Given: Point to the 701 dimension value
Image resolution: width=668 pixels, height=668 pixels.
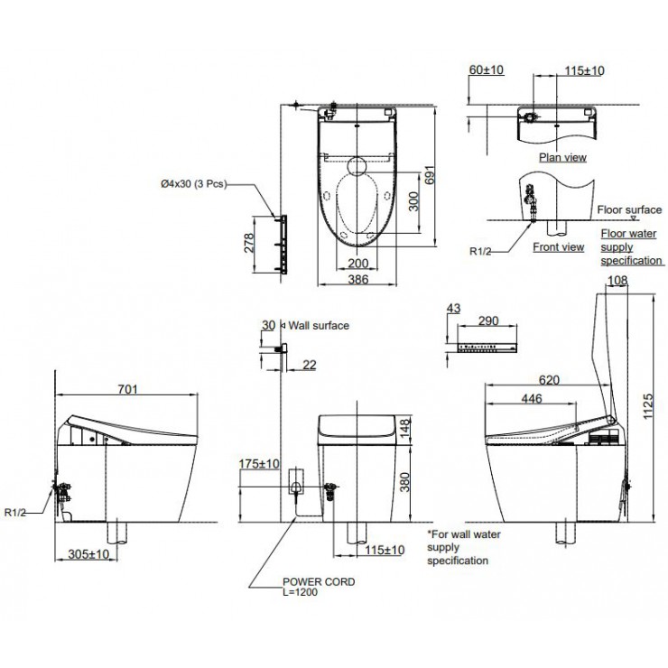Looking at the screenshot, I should pos(127,389).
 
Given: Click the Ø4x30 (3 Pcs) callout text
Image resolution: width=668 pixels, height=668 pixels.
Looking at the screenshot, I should pos(192,183).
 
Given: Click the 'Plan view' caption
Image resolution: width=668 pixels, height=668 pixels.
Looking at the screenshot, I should pos(562,157).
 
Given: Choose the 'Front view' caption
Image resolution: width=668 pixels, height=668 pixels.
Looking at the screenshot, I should pos(558,246).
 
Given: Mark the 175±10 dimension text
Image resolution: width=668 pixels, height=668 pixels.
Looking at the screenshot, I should pos(258,464).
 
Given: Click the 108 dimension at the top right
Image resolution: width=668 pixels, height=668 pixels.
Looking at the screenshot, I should pos(617,282).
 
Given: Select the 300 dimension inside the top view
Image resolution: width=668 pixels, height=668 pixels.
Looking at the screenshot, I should pos(413,200).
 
